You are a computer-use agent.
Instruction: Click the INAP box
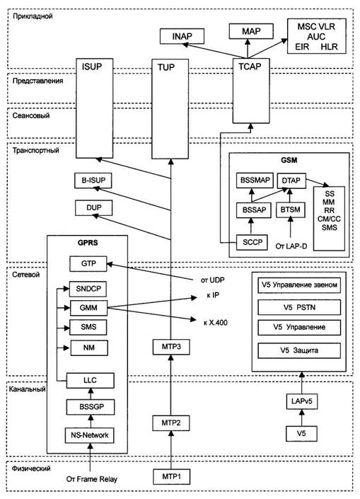click(182, 36)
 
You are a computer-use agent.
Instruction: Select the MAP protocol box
click(251, 32)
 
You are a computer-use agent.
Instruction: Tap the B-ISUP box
click(93, 180)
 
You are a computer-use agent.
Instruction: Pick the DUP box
click(93, 207)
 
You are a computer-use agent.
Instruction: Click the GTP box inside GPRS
click(88, 264)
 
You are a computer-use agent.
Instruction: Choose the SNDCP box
click(88, 289)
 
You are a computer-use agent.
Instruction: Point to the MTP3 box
click(171, 347)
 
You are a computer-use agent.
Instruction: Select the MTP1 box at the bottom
click(171, 477)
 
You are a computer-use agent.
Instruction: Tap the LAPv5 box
click(301, 401)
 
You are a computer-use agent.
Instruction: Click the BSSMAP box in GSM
click(255, 180)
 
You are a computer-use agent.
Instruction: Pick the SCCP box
click(252, 243)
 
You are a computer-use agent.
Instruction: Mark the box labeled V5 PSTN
click(299, 307)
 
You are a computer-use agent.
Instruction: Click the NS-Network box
click(90, 435)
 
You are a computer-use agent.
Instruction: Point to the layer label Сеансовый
click(31, 115)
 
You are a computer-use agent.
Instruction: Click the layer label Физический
click(31, 469)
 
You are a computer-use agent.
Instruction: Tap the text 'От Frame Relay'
click(91, 479)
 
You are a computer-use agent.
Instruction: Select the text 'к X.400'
click(215, 323)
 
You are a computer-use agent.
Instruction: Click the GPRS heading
click(88, 243)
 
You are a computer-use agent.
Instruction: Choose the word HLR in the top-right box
click(329, 47)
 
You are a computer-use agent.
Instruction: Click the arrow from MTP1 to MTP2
click(171, 450)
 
